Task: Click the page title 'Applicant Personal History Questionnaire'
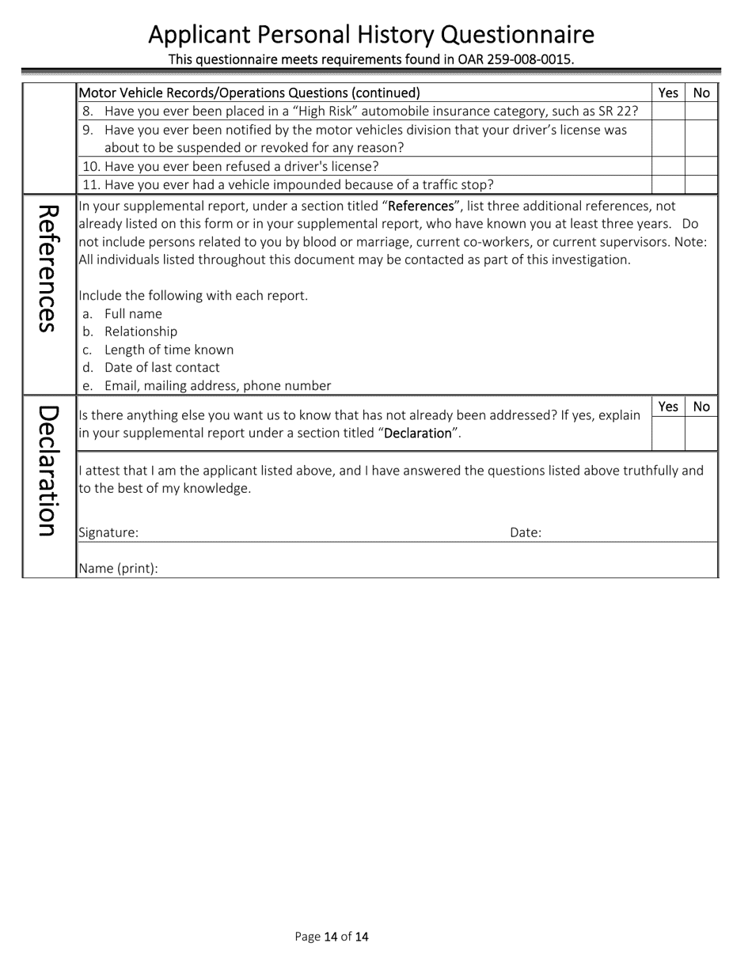[371, 35]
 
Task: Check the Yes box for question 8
[667, 112]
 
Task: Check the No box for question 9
[701, 138]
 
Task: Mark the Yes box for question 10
[667, 166]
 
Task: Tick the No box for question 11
[701, 184]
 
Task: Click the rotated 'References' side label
[48, 269]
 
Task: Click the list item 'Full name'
[133, 313]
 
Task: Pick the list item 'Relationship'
[141, 331]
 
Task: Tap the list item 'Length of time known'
[169, 350]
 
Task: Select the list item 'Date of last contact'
[162, 367]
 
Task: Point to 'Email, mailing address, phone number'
[218, 385]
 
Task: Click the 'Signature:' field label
[108, 532]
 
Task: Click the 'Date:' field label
[526, 532]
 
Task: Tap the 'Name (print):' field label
[119, 568]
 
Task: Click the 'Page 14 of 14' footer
[332, 937]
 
